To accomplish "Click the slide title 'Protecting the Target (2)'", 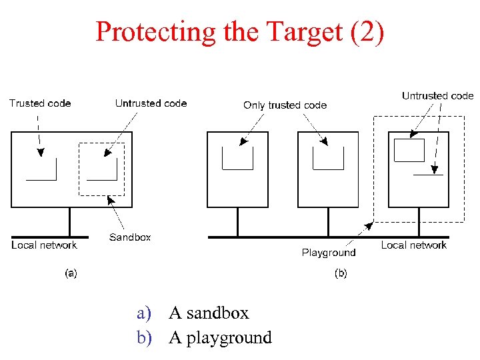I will pyautogui.click(x=240, y=31).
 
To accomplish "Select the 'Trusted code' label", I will pyautogui.click(x=40, y=103).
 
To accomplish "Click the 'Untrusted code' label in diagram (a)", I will pyautogui.click(x=151, y=103).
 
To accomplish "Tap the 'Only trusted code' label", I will pyautogui.click(x=285, y=105).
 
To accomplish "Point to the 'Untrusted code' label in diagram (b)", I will pyautogui.click(x=437, y=96).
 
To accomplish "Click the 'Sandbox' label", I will pyautogui.click(x=130, y=237).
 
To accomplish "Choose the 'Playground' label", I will pyautogui.click(x=329, y=253).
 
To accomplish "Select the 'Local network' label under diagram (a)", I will pyautogui.click(x=44, y=245).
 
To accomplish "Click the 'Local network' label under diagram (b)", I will pyautogui.click(x=413, y=245).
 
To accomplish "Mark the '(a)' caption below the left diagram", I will pyautogui.click(x=70, y=273).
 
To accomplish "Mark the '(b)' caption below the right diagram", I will pyautogui.click(x=340, y=273).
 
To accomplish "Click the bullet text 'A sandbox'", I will pyautogui.click(x=209, y=313).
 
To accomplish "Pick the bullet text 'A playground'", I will pyautogui.click(x=220, y=337).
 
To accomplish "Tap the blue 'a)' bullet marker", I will pyautogui.click(x=145, y=313).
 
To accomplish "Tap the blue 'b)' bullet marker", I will pyautogui.click(x=145, y=337).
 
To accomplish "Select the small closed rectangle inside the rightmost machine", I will pyautogui.click(x=409, y=150).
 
